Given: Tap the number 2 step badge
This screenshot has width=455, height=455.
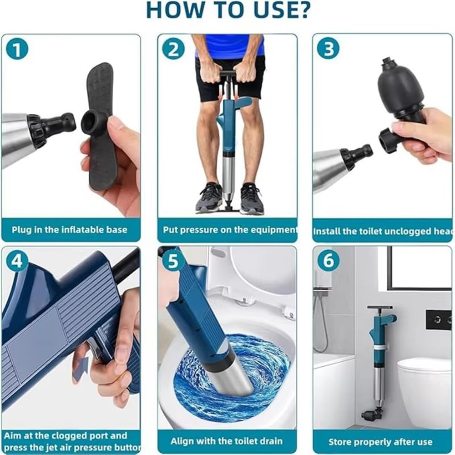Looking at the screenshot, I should pyautogui.click(x=173, y=49).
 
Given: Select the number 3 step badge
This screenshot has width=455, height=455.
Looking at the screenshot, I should pyautogui.click(x=328, y=49).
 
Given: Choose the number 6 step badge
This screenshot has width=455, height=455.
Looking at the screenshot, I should pyautogui.click(x=328, y=261).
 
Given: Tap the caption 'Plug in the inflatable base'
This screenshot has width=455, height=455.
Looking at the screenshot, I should pyautogui.click(x=70, y=230).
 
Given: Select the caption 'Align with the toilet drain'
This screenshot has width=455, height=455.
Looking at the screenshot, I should pyautogui.click(x=227, y=441).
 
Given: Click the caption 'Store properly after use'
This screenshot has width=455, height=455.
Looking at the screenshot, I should pyautogui.click(x=380, y=442).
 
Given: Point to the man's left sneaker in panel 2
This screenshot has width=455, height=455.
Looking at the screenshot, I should pyautogui.click(x=252, y=199).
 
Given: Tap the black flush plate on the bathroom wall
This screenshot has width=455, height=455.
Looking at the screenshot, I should pyautogui.click(x=438, y=319).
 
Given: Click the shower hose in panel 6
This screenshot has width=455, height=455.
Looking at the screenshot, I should pyautogui.click(x=322, y=323).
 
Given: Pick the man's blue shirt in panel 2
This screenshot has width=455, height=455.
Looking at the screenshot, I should pyautogui.click(x=230, y=45).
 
